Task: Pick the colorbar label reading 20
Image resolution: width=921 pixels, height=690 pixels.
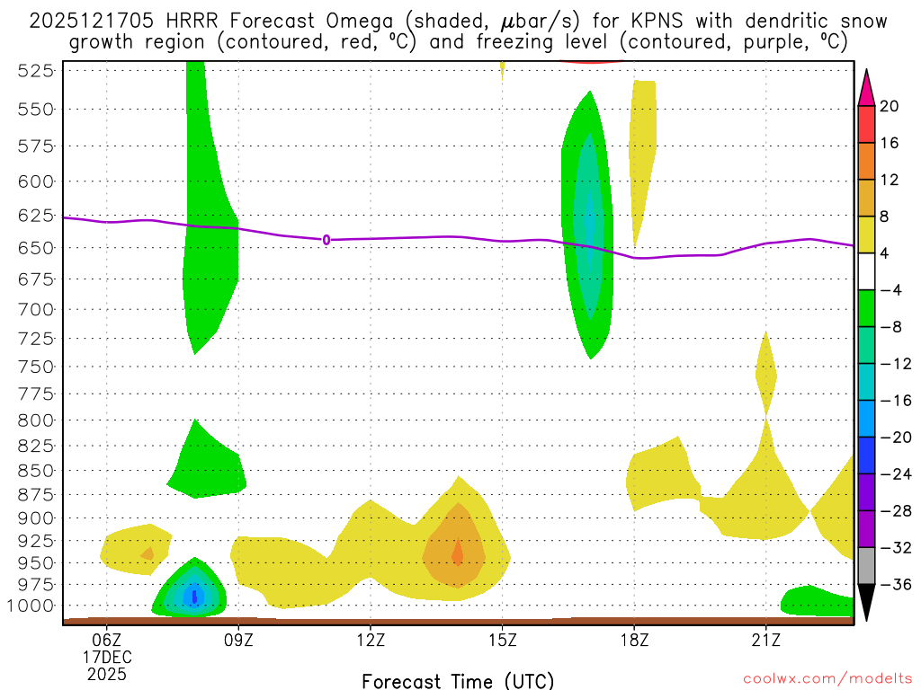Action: pyautogui.click(x=890, y=106)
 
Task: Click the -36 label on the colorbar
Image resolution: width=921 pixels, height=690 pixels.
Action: pyautogui.click(x=894, y=585)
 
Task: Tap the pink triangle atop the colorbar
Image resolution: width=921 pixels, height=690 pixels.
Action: pyautogui.click(x=866, y=86)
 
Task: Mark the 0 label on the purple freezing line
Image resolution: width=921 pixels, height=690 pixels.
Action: pyautogui.click(x=326, y=240)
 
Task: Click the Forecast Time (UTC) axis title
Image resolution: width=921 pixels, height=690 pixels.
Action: pyautogui.click(x=458, y=680)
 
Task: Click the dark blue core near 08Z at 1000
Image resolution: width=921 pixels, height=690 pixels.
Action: pyautogui.click(x=194, y=597)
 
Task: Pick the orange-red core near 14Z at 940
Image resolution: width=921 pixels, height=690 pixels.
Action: pyautogui.click(x=457, y=553)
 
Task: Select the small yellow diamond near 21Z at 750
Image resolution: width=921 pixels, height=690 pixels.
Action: pyautogui.click(x=765, y=370)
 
